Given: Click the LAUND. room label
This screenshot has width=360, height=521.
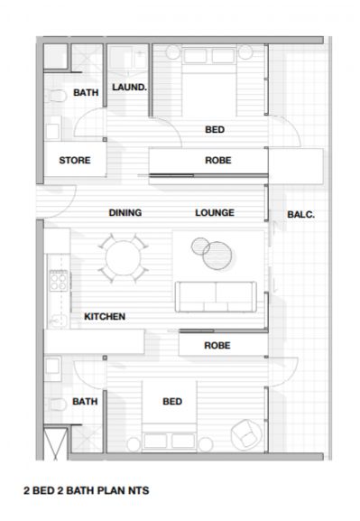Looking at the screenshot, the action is [x=129, y=88].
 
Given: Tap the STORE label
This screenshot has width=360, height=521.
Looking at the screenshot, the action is [x=75, y=160].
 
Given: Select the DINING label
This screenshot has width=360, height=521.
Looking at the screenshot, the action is [x=125, y=213].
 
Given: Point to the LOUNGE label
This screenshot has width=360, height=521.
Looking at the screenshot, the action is [x=215, y=213].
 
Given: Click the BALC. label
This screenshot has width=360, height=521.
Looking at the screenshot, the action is [x=300, y=215].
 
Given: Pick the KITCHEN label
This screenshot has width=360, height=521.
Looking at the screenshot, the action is [x=105, y=316].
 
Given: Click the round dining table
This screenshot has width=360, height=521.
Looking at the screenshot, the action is [x=123, y=258].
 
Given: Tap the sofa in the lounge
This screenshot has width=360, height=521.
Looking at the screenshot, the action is [x=216, y=297].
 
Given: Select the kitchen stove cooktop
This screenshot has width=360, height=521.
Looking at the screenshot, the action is [x=59, y=281].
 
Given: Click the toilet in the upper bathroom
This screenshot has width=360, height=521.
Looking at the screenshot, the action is [x=56, y=97].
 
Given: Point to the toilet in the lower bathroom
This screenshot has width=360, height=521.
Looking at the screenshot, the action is [x=56, y=405].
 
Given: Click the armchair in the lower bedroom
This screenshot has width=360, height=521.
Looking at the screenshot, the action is [x=246, y=434].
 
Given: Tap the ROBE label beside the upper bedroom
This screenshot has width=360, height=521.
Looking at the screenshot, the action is [x=218, y=160].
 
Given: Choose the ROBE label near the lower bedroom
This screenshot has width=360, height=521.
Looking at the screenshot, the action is [x=217, y=345].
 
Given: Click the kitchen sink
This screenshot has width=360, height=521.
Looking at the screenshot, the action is [x=59, y=321].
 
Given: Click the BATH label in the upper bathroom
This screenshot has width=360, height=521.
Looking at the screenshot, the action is [x=86, y=92].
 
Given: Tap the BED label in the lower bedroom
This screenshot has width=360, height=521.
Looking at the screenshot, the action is [x=172, y=402].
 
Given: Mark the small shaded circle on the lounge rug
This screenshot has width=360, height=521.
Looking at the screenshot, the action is [x=200, y=247].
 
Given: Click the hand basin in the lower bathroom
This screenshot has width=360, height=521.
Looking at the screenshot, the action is [x=53, y=368].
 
